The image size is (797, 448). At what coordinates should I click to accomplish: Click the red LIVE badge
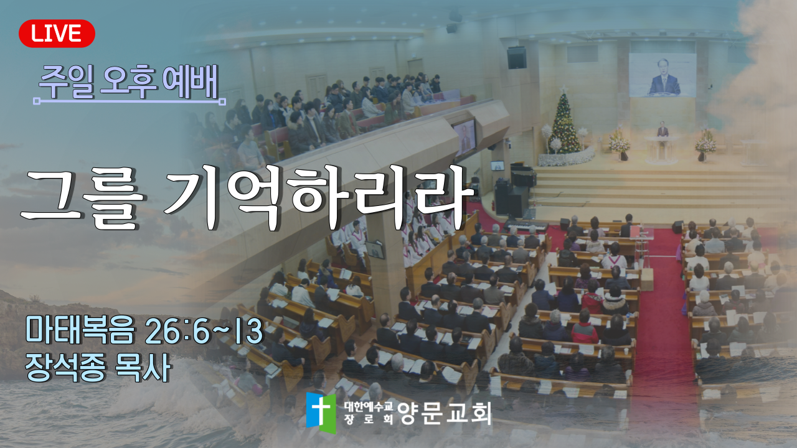57,34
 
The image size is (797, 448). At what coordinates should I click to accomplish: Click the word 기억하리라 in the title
319,199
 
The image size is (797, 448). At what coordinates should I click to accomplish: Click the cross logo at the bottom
321,413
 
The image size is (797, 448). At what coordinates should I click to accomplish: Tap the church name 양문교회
445,413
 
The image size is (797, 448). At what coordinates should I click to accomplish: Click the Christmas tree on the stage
564,123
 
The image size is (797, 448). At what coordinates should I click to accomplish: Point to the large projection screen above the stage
662,75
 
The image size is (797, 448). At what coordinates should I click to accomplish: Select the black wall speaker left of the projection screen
517,58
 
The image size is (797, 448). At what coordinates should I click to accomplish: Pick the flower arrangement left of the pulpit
620,144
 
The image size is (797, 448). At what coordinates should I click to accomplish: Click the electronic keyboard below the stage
526,225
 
